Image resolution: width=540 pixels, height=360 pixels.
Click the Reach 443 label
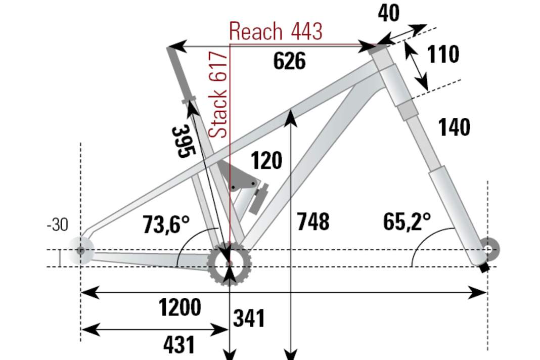click(276, 31)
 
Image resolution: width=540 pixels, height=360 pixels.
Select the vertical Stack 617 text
click(218, 95)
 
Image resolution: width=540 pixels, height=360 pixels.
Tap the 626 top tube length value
click(289, 61)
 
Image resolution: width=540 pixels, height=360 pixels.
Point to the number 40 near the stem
click(388, 13)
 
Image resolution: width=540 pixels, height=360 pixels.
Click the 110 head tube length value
click(443, 54)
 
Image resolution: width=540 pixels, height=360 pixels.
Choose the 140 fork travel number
click(454, 127)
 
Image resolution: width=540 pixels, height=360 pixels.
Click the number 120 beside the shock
click(266, 161)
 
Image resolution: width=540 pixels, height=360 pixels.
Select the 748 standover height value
click(313, 222)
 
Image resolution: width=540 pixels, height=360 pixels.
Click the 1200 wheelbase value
click(179, 307)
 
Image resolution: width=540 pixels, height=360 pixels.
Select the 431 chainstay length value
click(179, 345)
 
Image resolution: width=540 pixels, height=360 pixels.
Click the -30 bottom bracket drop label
click(57, 224)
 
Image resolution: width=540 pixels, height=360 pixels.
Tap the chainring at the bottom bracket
click(230, 263)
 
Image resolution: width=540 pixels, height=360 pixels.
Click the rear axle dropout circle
click(81, 250)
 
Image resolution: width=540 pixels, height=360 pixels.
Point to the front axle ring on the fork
click(488, 249)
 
